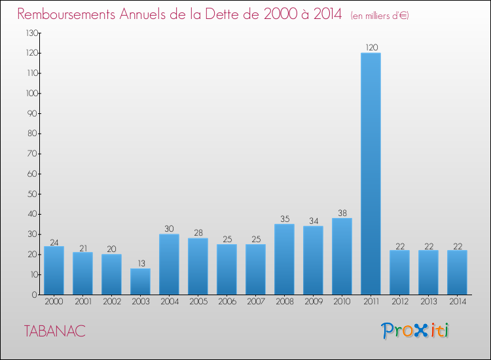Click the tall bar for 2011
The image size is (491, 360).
(371, 173)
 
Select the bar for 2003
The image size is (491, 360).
(140, 281)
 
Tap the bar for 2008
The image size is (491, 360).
(284, 259)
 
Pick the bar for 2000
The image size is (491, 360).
(54, 270)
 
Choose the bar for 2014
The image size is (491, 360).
(457, 272)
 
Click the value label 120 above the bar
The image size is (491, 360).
(371, 47)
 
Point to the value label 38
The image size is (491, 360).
(342, 213)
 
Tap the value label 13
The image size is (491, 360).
(140, 263)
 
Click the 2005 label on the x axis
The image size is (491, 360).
(198, 302)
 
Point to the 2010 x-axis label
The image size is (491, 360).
(342, 302)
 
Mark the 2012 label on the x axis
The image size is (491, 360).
(399, 302)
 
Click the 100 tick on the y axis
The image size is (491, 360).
(31, 93)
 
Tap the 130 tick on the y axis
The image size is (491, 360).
(31, 33)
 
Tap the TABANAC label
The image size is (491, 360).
(54, 331)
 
